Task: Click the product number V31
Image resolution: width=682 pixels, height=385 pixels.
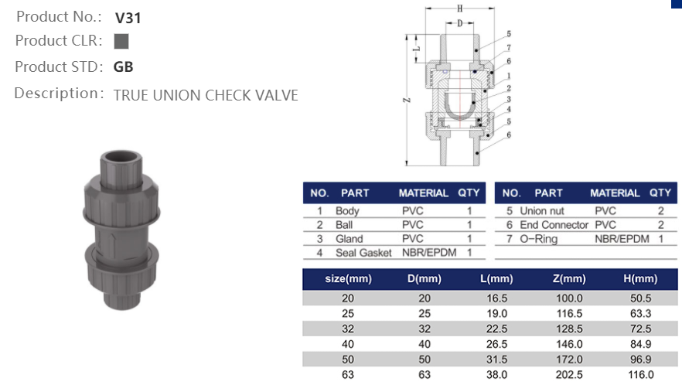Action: [128, 17]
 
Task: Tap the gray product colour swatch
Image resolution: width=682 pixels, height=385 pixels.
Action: [121, 41]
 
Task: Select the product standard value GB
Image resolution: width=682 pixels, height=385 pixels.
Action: [123, 66]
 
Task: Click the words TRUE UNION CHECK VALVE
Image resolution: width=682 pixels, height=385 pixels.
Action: [206, 95]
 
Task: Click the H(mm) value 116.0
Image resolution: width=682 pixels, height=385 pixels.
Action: [639, 375]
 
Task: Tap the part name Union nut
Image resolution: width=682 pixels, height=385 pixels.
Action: [541, 211]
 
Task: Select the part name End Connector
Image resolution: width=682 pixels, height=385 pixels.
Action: [554, 225]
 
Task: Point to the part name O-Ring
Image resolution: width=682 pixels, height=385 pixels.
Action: [538, 239]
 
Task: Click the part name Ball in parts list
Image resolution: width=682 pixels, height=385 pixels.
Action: [344, 225]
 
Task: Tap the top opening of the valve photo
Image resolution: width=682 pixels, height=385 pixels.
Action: [122, 159]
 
